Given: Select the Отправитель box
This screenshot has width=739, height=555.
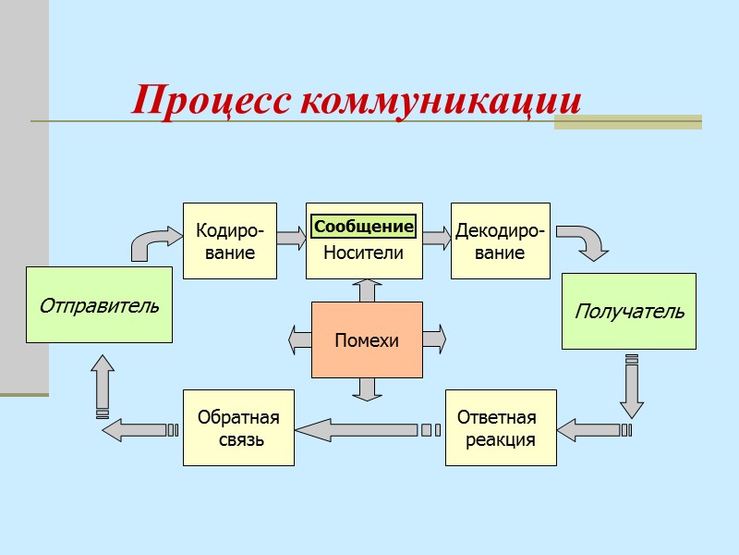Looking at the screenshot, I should pos(99,304).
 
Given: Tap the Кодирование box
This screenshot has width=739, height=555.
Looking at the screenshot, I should pos(230,240).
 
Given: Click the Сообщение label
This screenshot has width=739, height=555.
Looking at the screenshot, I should pos(363,227).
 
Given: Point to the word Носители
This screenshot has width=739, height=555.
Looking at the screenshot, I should pos(363,253).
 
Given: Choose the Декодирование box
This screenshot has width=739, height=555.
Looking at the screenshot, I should pos(500,240).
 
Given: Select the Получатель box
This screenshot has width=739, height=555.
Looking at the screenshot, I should pos(629,311).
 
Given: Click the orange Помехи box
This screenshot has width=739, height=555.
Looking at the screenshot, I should pos(367,339).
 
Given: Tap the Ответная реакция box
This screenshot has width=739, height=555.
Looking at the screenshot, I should pos(502,428).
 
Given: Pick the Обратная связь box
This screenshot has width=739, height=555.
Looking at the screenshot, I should pos(238,428).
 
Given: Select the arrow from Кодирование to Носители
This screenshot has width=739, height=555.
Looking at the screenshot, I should pos(291,239).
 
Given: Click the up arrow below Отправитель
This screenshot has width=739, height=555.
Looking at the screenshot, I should pos(103,384).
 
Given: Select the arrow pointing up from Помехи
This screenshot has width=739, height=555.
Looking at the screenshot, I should pos(367,290).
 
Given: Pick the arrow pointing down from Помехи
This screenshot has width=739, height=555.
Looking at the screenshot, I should pos(367,388).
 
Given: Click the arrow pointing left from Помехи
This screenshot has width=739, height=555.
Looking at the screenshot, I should pos(300,339).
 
